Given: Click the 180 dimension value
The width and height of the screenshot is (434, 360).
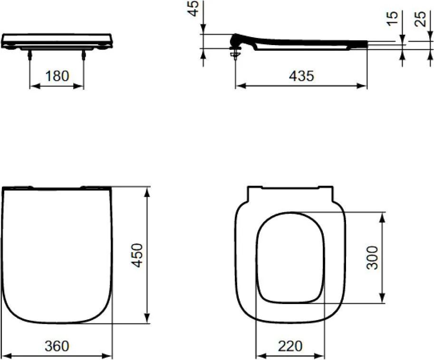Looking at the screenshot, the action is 57,76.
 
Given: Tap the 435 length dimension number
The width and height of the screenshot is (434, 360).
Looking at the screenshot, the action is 301,76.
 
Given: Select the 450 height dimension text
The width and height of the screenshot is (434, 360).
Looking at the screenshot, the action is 137,255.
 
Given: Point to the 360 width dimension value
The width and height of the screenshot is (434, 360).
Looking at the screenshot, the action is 57,346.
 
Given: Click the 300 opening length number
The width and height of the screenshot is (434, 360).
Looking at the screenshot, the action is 372,258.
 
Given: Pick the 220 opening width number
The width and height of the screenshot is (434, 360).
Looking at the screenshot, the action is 290,346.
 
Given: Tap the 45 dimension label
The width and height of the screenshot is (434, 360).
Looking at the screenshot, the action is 194,8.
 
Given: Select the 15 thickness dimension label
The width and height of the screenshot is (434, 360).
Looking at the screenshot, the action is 393,19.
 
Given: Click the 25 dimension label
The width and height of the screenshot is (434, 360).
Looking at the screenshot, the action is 420,19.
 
